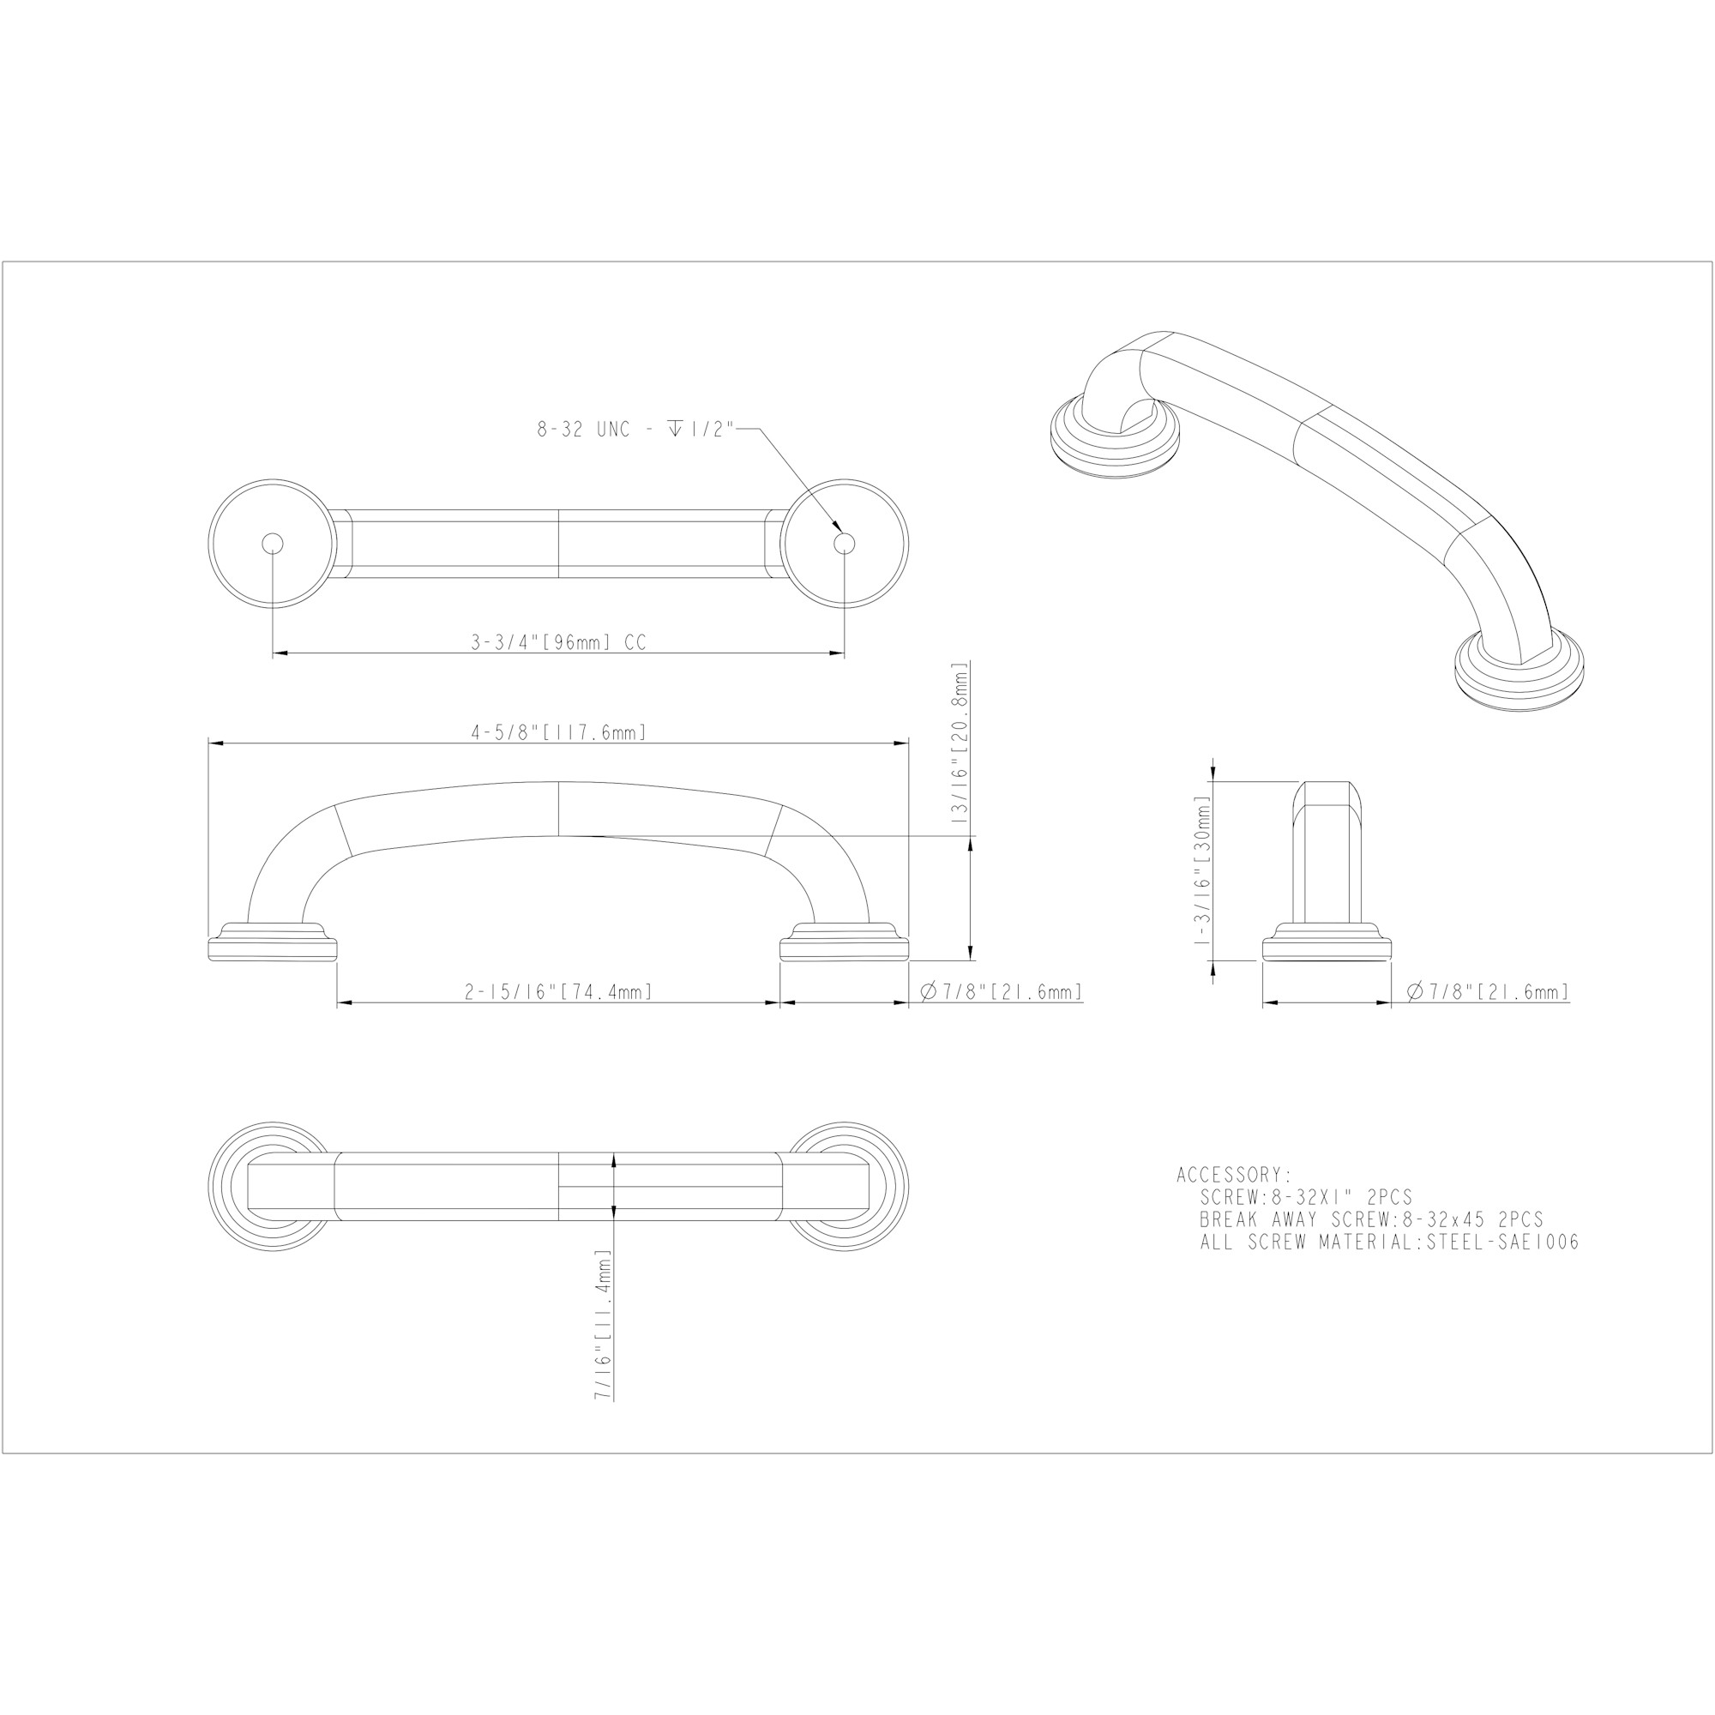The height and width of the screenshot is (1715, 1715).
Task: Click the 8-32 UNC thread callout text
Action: pos(635,430)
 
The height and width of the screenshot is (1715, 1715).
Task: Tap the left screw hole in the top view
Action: pos(273,544)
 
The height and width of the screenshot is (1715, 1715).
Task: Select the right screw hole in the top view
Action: pos(844,544)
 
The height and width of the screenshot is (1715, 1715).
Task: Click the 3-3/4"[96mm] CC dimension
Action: pos(558,642)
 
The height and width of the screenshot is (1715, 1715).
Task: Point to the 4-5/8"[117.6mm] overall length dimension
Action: pos(558,732)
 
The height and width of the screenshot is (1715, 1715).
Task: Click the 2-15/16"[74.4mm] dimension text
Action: pos(558,991)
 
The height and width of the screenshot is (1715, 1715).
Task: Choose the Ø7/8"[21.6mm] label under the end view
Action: pos(1489,991)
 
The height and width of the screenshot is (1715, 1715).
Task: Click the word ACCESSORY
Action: pos(1235,1176)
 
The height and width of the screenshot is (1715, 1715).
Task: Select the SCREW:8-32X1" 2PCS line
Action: pos(1306,1197)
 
